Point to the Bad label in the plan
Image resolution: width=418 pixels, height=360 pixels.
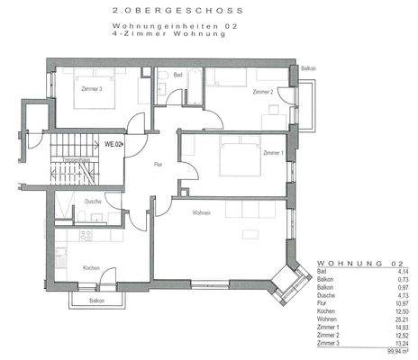coord(178,76)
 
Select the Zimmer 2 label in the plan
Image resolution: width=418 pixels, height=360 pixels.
coord(263,93)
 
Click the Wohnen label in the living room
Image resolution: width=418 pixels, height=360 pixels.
coord(200,213)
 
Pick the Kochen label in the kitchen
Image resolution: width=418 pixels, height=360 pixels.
coord(90,268)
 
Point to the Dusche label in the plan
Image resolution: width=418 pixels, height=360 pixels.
coord(91,202)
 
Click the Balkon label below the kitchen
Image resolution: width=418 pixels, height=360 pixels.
coord(97,301)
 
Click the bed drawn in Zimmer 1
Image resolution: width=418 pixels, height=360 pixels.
coord(236,160)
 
